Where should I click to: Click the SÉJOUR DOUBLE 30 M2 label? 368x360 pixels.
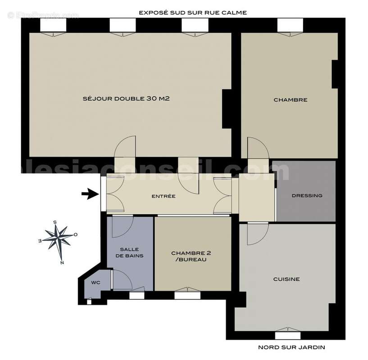pyautogui.click(x=126, y=99)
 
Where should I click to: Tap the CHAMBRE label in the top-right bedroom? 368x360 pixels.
pyautogui.click(x=290, y=100)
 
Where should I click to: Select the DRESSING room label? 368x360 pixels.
pyautogui.click(x=307, y=195)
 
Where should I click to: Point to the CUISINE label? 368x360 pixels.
pyautogui.click(x=286, y=279)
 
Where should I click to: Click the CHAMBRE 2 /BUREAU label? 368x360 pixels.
pyautogui.click(x=191, y=256)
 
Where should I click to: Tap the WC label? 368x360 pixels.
pyautogui.click(x=95, y=283)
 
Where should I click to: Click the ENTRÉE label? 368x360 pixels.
pyautogui.click(x=163, y=196)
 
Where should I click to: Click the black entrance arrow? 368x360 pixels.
pyautogui.click(x=90, y=194)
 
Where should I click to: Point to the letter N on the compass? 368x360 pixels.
pyautogui.click(x=62, y=262)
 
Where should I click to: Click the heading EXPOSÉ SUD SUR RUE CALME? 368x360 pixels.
pyautogui.click(x=193, y=13)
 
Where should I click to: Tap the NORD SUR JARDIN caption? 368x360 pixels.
pyautogui.click(x=291, y=347)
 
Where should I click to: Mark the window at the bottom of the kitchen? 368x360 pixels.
pyautogui.click(x=287, y=335)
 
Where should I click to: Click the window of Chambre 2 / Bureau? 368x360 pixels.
pyautogui.click(x=187, y=295)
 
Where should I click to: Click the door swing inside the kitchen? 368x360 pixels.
pyautogui.click(x=257, y=234)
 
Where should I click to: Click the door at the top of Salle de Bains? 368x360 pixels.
pyautogui.click(x=122, y=226)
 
